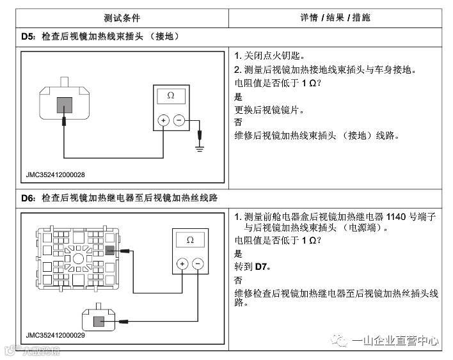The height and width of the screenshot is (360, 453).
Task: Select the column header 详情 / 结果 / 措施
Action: (335, 17)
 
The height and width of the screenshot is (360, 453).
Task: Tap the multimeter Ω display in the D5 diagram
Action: (170, 96)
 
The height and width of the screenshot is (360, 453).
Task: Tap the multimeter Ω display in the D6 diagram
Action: (189, 240)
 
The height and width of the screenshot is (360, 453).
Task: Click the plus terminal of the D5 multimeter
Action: (163, 120)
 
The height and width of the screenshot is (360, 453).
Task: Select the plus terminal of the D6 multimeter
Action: (182, 263)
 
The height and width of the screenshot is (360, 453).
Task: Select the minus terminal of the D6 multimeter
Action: (197, 263)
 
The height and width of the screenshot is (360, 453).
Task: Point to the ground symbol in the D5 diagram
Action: (200, 148)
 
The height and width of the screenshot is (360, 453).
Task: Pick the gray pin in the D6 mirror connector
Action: (99, 322)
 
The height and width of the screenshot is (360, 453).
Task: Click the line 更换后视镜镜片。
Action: (269, 109)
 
